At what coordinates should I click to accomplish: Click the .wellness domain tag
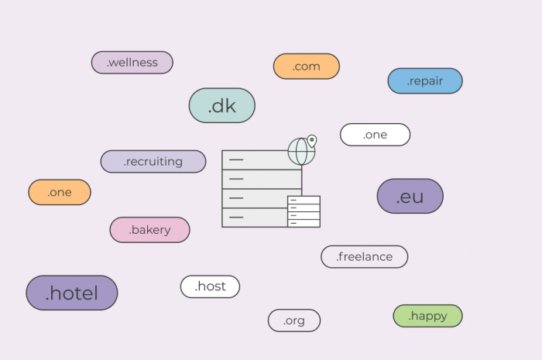tap(132, 63)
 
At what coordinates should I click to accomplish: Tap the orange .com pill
tap(307, 67)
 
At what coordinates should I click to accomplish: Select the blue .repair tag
tap(425, 81)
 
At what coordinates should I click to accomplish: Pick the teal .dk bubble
tap(222, 105)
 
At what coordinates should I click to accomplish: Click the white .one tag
tap(375, 135)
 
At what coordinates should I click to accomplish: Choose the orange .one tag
tap(60, 192)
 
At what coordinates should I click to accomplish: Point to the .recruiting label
tap(153, 162)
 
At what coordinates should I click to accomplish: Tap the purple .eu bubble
tap(410, 197)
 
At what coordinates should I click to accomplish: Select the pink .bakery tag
tap(150, 230)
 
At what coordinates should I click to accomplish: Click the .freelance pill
tap(364, 256)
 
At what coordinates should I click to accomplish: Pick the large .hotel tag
tap(72, 293)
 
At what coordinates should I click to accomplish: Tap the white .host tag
tap(210, 286)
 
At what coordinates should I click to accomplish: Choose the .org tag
tap(294, 321)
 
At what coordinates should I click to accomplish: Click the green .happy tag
tap(427, 316)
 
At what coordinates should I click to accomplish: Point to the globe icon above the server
tap(300, 152)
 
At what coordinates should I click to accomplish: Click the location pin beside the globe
tap(312, 141)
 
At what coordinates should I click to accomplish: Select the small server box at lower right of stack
tap(304, 211)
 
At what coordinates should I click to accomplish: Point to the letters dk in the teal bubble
tap(225, 105)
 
